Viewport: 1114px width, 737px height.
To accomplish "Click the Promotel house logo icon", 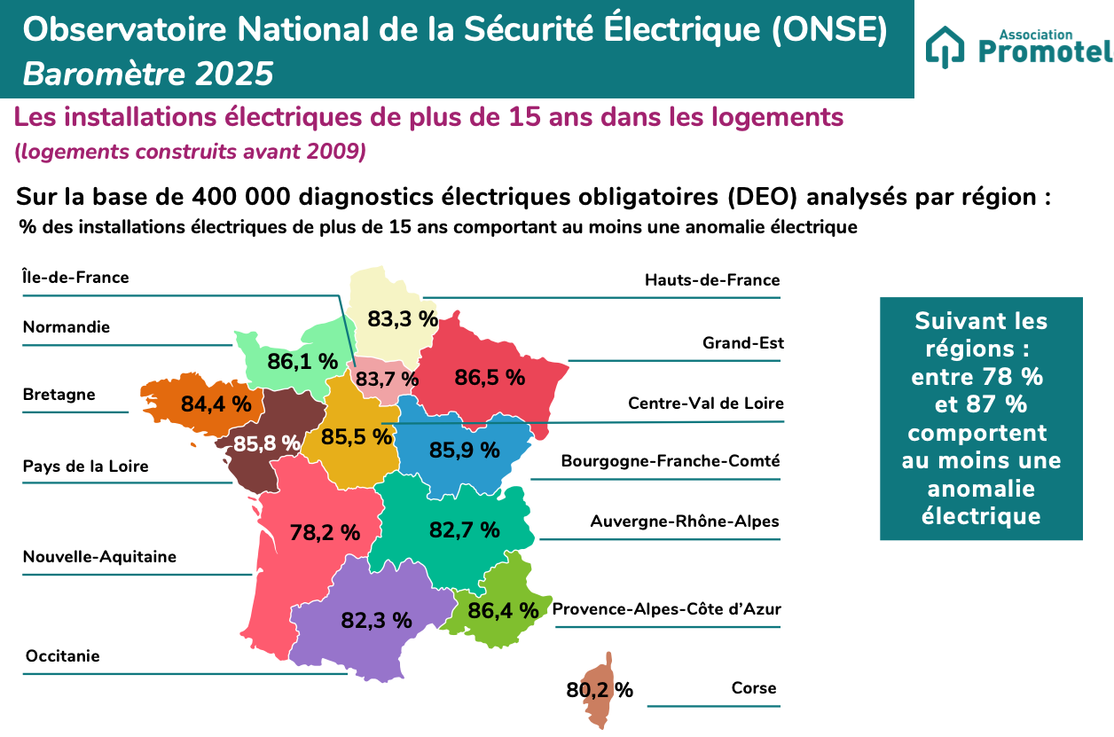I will pyautogui.click(x=945, y=47).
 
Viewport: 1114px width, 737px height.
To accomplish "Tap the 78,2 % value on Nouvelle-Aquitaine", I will pyautogui.click(x=325, y=532).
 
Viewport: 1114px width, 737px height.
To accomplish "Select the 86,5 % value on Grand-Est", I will pyautogui.click(x=490, y=377).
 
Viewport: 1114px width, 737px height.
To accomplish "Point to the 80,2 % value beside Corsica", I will pyautogui.click(x=600, y=690).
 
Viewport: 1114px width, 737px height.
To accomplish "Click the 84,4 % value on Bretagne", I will pyautogui.click(x=216, y=404).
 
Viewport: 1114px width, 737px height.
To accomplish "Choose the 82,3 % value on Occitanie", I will pyautogui.click(x=376, y=620).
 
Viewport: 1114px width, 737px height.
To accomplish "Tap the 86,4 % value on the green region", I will pyautogui.click(x=503, y=610).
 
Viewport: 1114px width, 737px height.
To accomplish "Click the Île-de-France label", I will pyautogui.click(x=75, y=278).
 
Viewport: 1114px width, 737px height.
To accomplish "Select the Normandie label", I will pyautogui.click(x=67, y=327).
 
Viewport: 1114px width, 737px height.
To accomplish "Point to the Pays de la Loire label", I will pyautogui.click(x=85, y=467).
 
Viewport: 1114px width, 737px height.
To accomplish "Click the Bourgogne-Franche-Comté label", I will pyautogui.click(x=671, y=461).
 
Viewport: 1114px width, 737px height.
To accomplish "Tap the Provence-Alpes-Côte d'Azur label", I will pyautogui.click(x=667, y=609).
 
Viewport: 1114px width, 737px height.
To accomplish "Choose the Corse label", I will pyautogui.click(x=754, y=688).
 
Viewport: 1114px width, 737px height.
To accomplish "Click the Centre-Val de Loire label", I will pyautogui.click(x=706, y=404).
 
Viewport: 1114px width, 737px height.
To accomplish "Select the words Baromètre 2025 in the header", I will pyautogui.click(x=148, y=74).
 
